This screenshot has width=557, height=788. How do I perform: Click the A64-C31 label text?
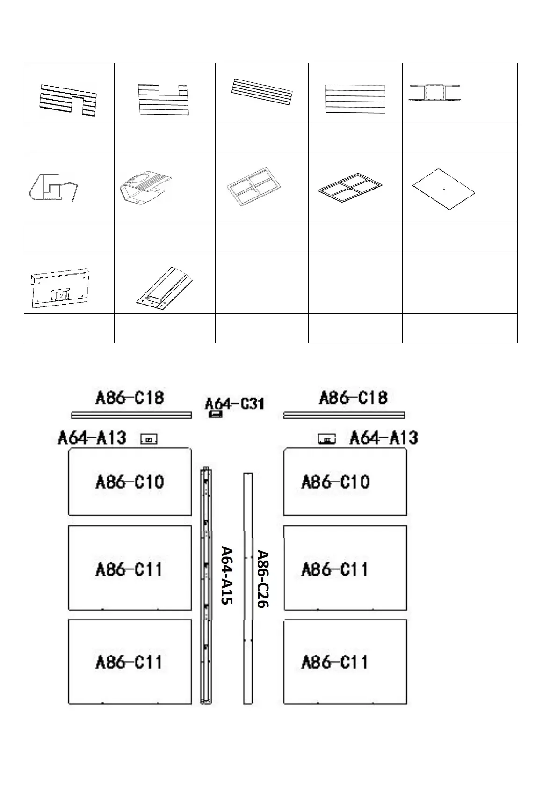tap(235, 403)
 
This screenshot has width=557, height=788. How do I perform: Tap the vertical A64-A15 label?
tap(227, 575)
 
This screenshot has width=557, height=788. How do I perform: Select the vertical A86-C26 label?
tap(263, 579)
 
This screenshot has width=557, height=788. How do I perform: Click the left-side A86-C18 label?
tap(130, 398)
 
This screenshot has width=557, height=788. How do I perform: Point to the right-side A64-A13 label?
tap(383, 438)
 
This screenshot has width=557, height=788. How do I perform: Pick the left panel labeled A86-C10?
tap(130, 482)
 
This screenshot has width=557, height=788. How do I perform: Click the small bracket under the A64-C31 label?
tap(215, 414)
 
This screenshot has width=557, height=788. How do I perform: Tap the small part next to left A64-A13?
tap(149, 439)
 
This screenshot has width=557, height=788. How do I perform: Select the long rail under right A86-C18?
tap(344, 415)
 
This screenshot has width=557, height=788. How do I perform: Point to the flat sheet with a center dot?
tap(444, 189)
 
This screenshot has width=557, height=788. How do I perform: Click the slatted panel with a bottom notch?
tap(68, 99)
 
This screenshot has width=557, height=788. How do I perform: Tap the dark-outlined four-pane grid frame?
tap(350, 187)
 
